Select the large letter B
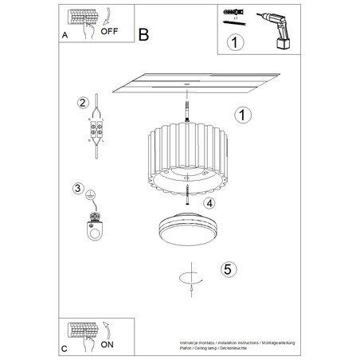click(x=143, y=35)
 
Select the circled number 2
click(x=82, y=103)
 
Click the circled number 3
click(x=78, y=189)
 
